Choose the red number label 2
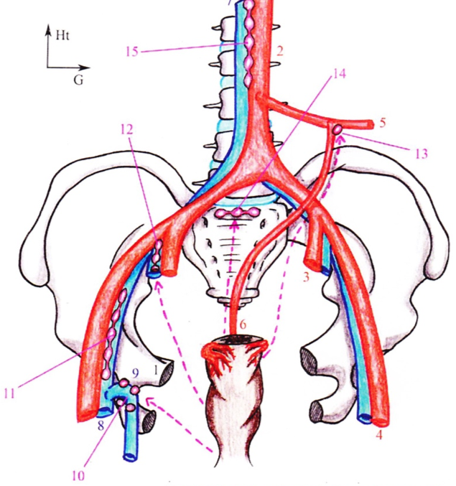tap(281, 51)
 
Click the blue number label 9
tap(136, 375)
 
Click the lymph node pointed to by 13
tap(337, 130)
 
